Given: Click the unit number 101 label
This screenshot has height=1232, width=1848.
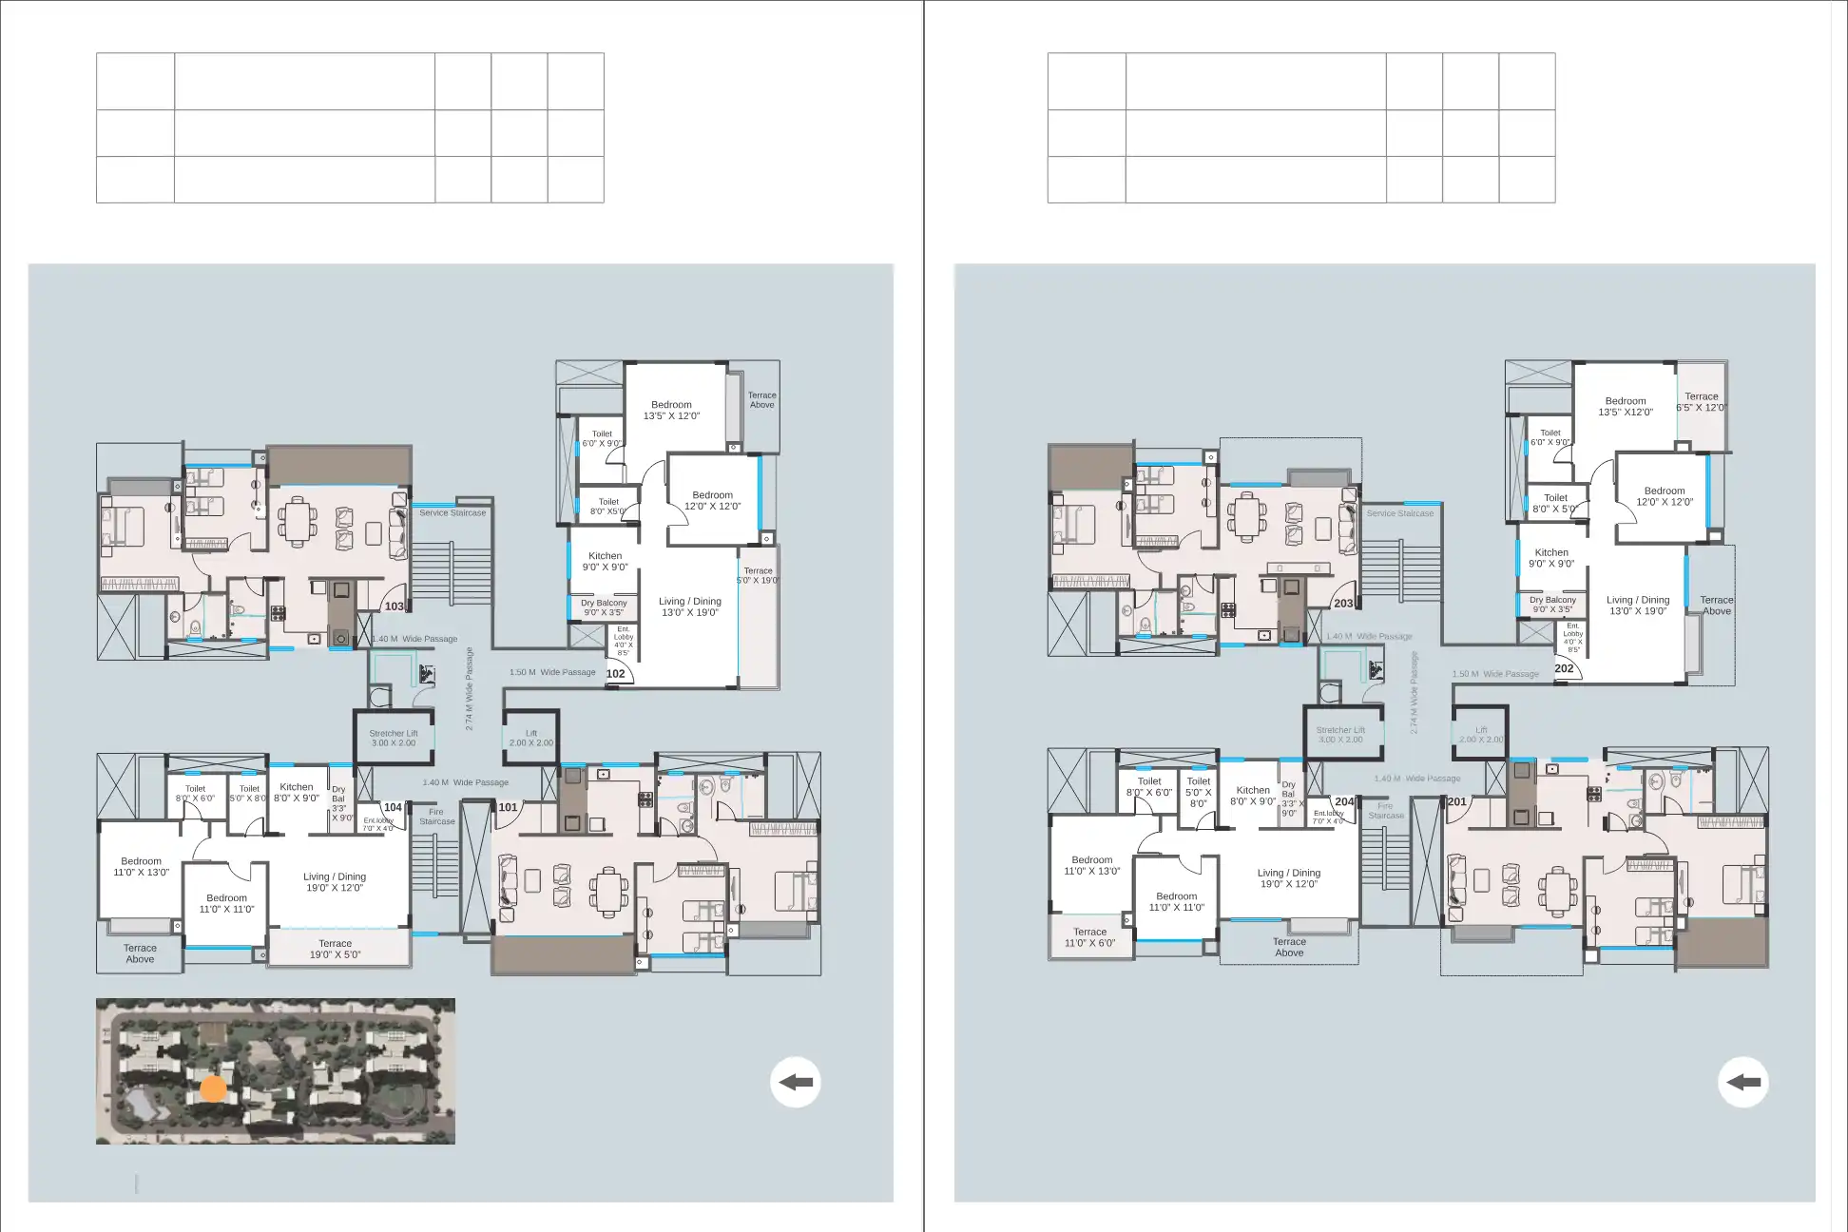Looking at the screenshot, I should (508, 808).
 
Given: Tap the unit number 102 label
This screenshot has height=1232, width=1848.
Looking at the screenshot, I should (615, 674).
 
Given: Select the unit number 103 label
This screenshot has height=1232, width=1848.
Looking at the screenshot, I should (394, 606).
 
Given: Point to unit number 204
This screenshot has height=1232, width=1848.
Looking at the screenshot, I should (1343, 802).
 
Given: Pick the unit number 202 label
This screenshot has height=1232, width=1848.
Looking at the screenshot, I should (1564, 669).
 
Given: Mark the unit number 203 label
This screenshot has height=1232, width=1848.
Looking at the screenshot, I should (1342, 604).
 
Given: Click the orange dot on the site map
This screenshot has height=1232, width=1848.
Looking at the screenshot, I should (214, 1089).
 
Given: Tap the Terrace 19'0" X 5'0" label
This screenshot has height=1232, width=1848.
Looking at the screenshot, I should (335, 950).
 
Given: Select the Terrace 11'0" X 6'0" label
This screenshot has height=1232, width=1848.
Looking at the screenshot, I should (1089, 938).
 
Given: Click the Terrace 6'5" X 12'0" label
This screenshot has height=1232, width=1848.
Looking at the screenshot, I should (1701, 402).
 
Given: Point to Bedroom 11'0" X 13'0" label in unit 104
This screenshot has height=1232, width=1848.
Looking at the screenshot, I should (141, 867).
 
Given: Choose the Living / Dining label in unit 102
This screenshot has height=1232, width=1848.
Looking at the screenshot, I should (689, 606).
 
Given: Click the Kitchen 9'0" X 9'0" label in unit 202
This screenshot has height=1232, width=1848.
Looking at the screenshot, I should (1550, 558).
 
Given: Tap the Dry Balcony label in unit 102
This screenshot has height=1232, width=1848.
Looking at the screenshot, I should (604, 608).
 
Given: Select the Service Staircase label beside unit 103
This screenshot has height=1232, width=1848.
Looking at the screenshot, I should (452, 513).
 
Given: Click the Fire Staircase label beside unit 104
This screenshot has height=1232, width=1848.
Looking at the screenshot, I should (436, 817).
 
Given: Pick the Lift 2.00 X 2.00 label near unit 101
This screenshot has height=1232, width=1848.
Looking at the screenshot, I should (530, 739).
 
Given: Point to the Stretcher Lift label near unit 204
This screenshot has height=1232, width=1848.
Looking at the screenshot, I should (1339, 735).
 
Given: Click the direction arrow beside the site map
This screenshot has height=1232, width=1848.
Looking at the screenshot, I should (795, 1082).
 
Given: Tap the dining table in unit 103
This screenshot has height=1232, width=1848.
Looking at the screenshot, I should (298, 521).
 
